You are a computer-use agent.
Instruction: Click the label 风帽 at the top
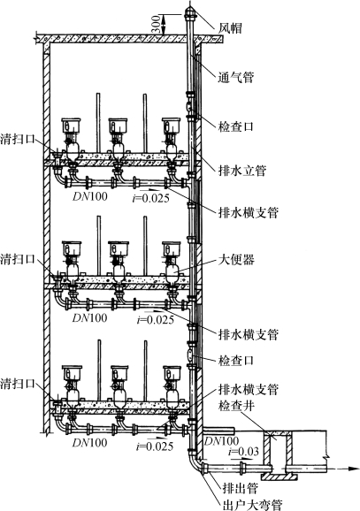[x=231, y=28]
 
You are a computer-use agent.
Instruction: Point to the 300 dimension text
[x=157, y=24]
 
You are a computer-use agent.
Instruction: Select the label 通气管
[x=236, y=77]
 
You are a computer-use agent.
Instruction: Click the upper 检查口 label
[x=236, y=126]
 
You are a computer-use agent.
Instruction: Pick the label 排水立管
[x=242, y=171]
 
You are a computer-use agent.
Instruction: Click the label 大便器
[x=236, y=260]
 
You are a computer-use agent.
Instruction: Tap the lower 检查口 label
[x=236, y=360]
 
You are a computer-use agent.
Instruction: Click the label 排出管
[x=241, y=488]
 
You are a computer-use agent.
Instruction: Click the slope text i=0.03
[x=243, y=452]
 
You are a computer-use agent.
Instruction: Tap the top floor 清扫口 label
[x=18, y=139]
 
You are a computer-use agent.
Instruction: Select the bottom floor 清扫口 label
[x=18, y=383]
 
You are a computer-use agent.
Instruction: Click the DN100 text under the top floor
[x=90, y=196]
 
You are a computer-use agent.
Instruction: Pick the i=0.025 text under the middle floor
[x=156, y=320]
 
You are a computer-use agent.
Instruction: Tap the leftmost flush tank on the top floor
[x=71, y=126]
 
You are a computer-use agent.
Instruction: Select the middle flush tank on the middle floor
[x=119, y=248]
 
